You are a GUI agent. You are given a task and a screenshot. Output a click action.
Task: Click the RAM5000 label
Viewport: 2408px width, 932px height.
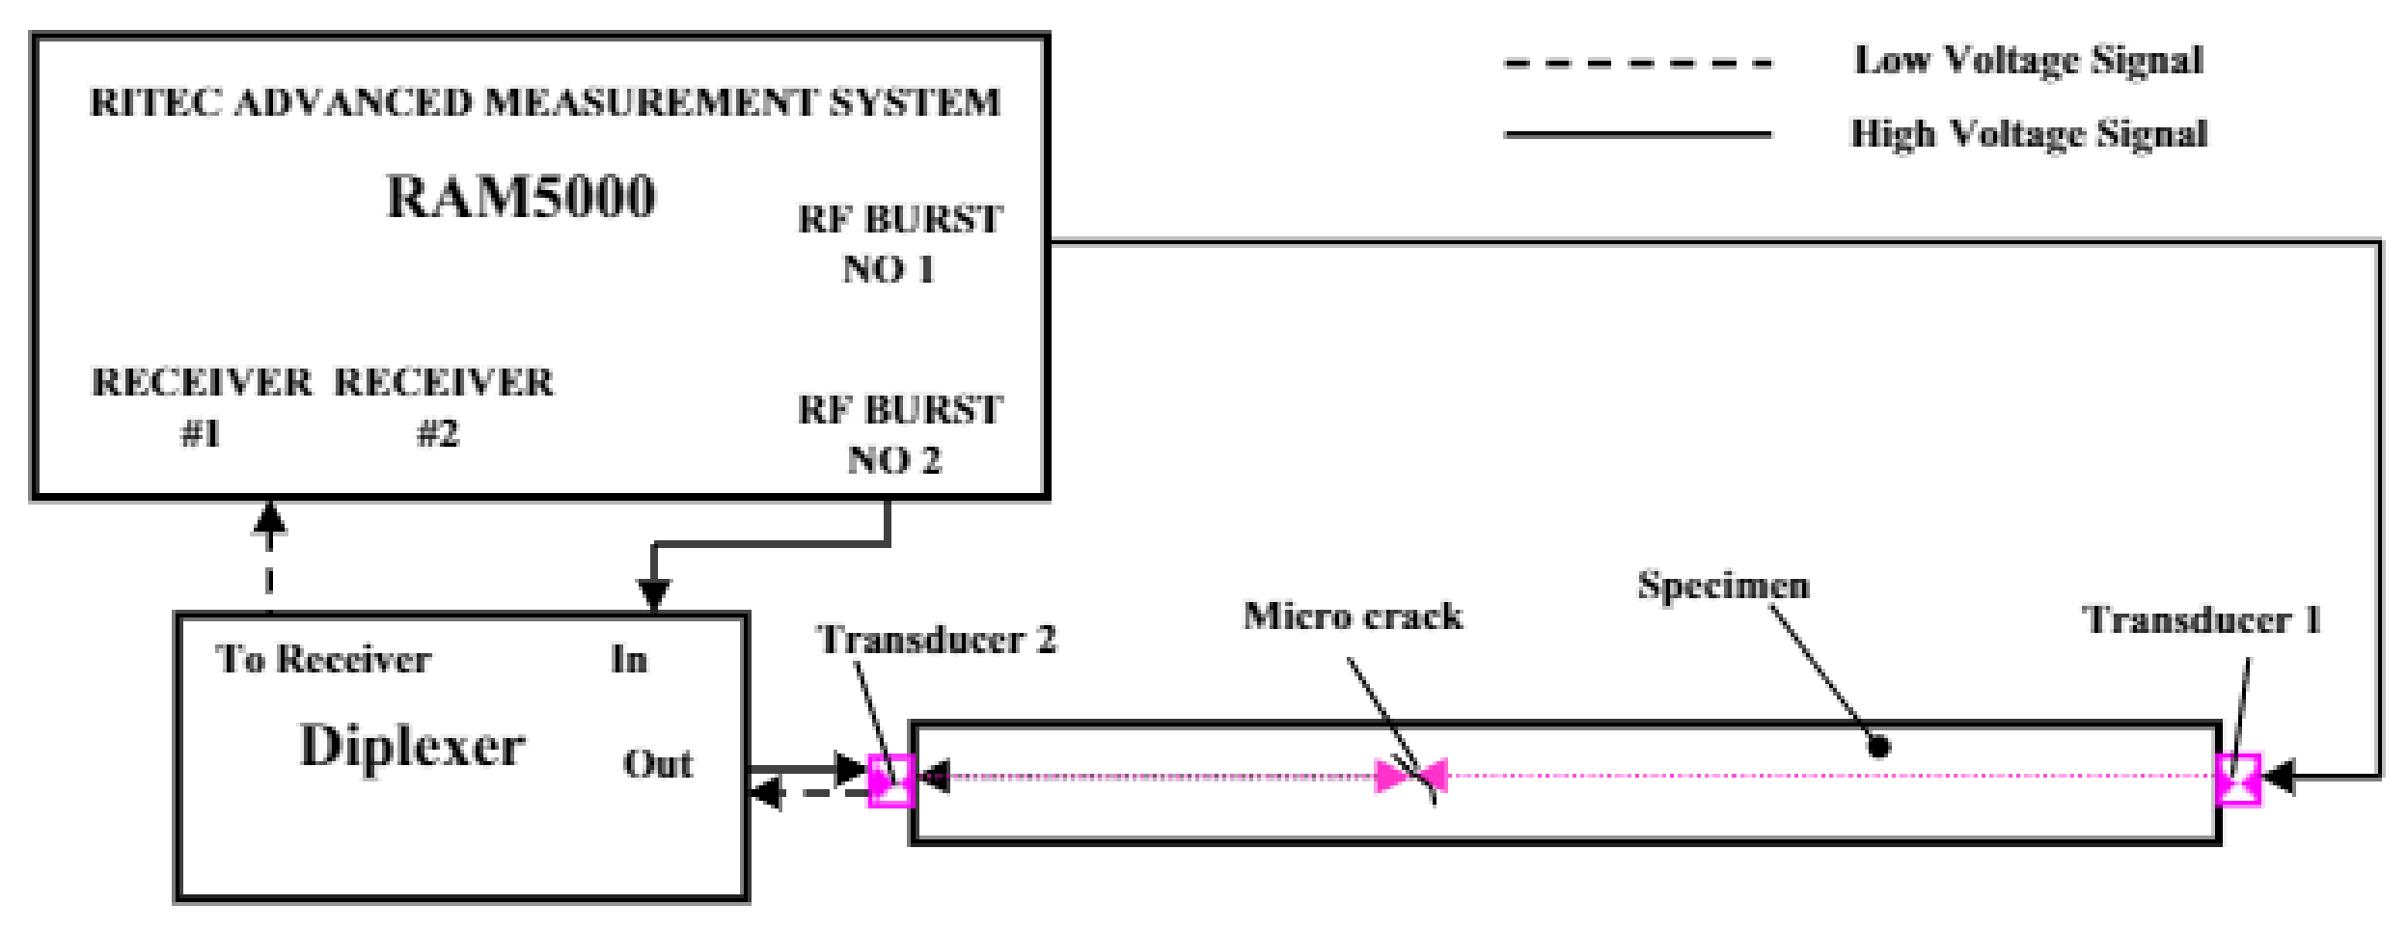[521, 196]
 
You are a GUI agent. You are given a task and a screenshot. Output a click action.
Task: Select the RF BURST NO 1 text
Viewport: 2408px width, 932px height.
[899, 244]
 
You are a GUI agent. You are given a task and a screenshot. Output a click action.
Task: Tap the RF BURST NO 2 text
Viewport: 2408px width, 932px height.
[899, 434]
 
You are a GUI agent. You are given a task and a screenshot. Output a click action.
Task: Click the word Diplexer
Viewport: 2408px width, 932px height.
[412, 746]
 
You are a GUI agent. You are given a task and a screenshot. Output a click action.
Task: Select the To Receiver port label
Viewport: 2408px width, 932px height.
[323, 659]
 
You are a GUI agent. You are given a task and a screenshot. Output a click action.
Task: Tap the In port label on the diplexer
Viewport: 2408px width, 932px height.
[629, 659]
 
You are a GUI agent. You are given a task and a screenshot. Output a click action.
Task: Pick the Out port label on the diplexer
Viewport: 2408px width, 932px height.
[657, 763]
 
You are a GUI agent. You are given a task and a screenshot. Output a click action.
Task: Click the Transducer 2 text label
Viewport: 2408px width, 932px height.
[936, 640]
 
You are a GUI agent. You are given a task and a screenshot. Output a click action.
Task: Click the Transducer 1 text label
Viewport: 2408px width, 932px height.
[2203, 619]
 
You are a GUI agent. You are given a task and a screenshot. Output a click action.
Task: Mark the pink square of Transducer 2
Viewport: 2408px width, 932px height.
[891, 780]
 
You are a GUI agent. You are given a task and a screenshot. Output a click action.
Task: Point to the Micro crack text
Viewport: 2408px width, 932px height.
[1352, 616]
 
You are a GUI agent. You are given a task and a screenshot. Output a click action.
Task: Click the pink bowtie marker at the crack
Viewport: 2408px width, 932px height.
[1410, 775]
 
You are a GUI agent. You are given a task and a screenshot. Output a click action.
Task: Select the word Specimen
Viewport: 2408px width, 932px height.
[1723, 586]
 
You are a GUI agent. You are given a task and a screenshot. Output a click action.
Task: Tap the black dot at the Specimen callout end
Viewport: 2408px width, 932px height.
[1878, 746]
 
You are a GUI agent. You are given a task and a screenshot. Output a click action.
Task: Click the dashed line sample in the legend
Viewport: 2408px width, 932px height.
[1637, 65]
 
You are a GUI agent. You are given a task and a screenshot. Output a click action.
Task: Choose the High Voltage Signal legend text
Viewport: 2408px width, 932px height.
[2028, 133]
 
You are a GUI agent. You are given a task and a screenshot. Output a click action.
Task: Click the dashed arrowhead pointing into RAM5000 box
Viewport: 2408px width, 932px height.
[269, 519]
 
